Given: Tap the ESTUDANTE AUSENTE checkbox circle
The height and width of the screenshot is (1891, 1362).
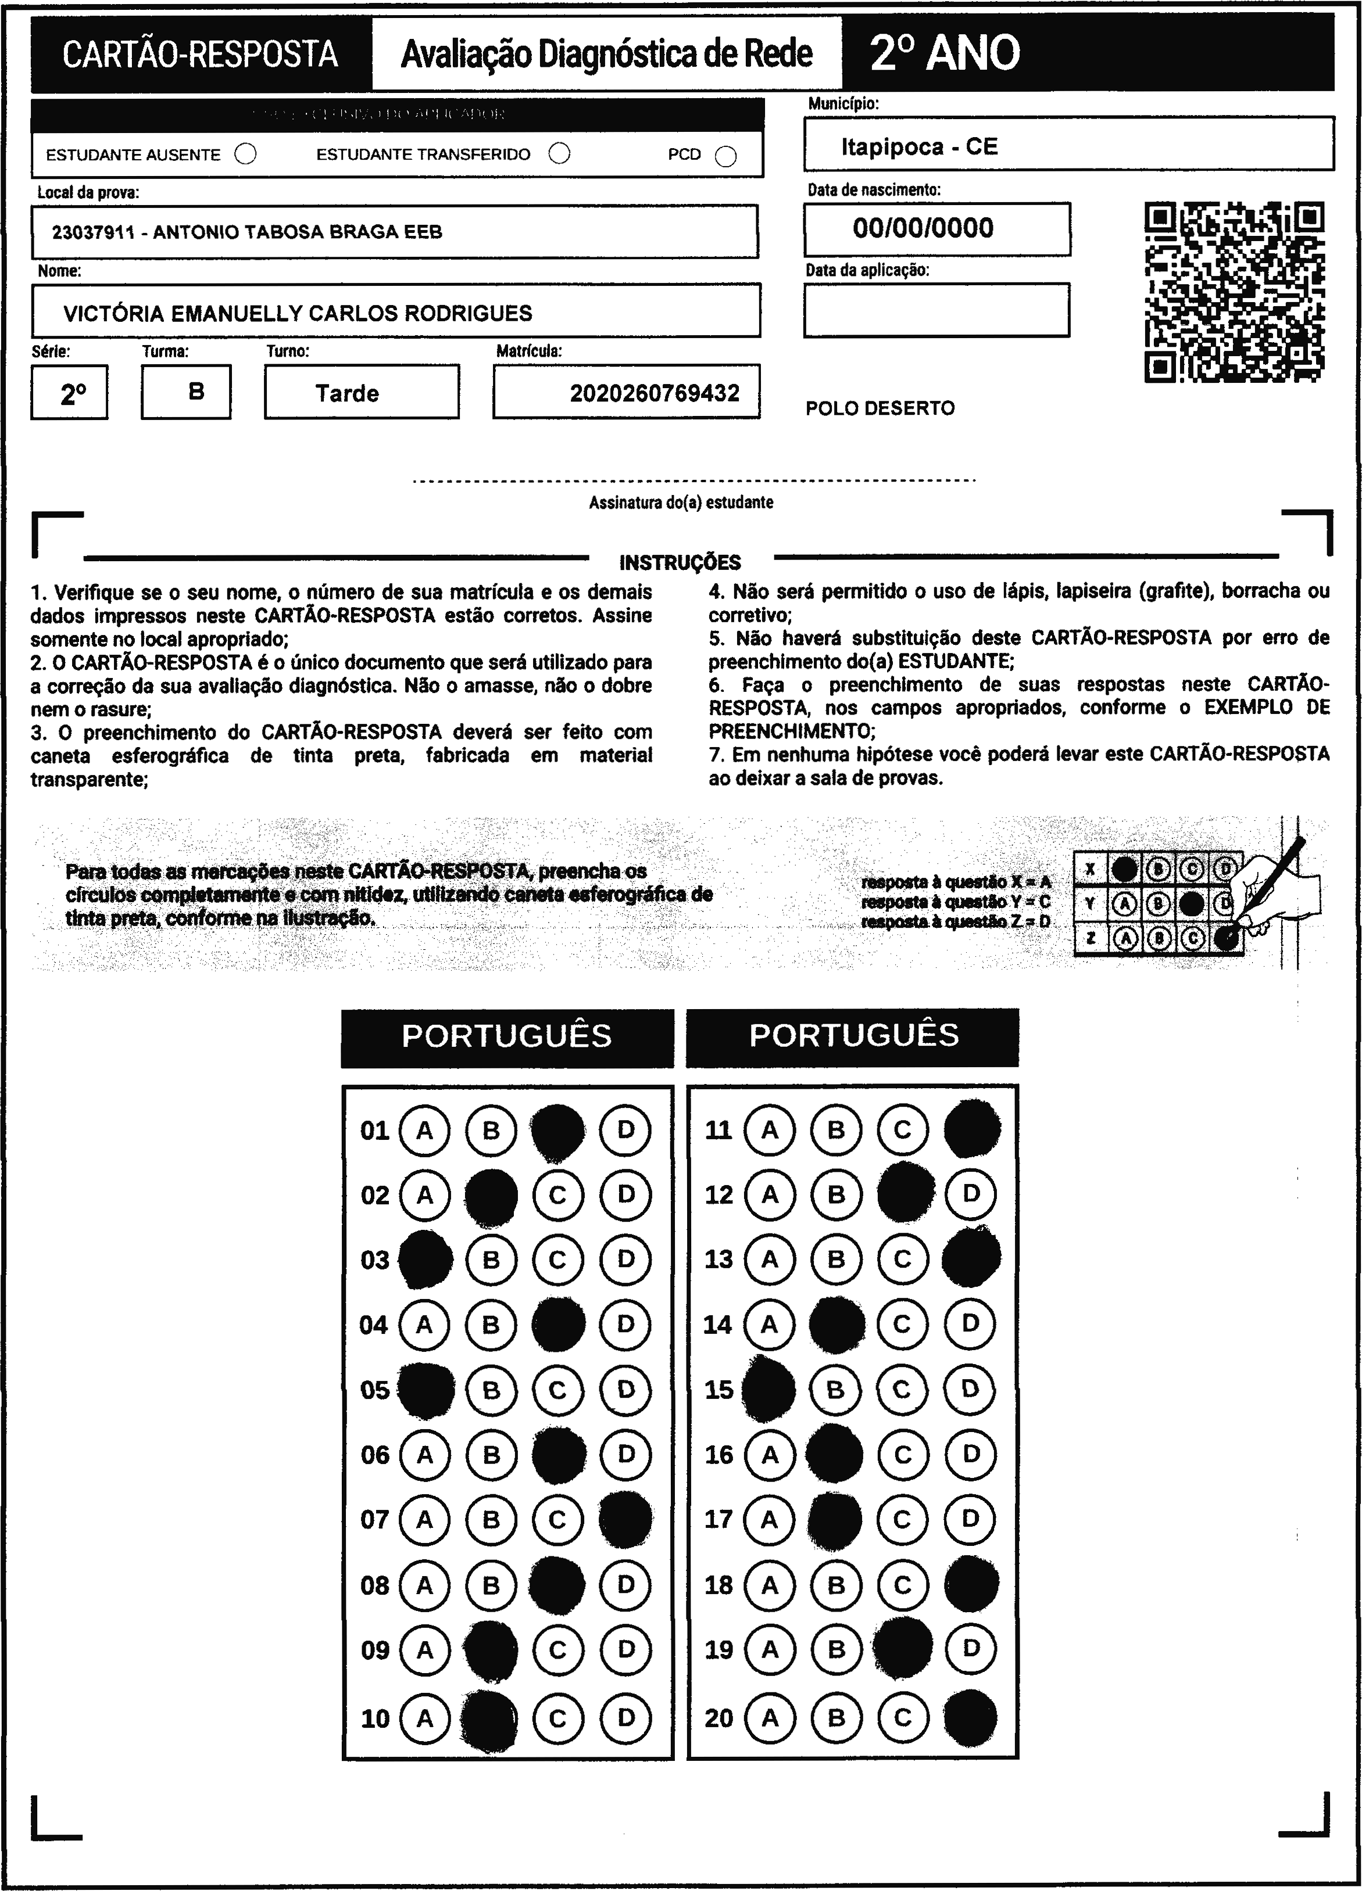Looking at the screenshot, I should (246, 155).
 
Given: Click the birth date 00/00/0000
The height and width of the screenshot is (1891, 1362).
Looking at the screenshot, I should (923, 228).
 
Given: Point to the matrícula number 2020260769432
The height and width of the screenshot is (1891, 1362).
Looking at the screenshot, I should (655, 393).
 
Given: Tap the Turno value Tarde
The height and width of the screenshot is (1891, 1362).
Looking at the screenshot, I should (347, 393).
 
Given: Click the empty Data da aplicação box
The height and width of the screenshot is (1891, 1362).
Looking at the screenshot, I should (936, 310).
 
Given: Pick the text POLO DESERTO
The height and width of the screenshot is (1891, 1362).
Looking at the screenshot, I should (880, 408).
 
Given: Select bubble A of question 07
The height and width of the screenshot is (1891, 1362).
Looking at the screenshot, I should (424, 1520).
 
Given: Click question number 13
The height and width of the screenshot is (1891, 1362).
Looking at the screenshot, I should (718, 1259).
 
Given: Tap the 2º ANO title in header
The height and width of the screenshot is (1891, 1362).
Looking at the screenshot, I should (944, 53).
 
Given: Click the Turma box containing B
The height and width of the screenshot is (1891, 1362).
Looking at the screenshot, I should (186, 392).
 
